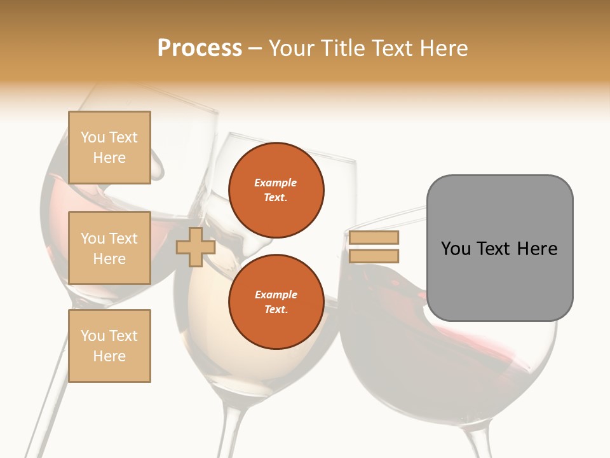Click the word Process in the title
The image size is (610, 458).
click(x=200, y=48)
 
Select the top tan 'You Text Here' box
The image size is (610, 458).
click(x=109, y=148)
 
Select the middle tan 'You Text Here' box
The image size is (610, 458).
click(x=109, y=248)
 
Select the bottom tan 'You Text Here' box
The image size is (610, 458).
click(x=109, y=346)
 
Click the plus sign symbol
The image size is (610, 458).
click(x=196, y=247)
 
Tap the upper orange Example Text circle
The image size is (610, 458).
click(x=276, y=190)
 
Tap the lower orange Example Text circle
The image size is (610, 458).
click(x=276, y=302)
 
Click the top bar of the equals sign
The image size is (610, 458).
click(x=374, y=238)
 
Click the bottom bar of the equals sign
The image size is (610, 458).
click(x=374, y=256)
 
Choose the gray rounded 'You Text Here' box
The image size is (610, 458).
click(x=499, y=280)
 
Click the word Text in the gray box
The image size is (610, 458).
click(x=495, y=249)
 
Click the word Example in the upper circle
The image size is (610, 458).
click(x=276, y=183)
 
